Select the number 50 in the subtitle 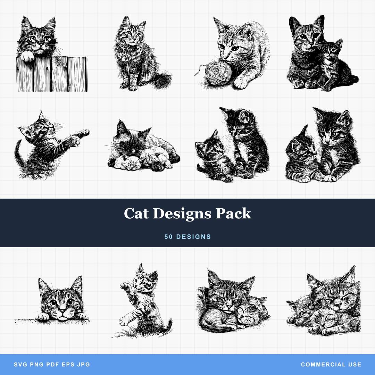[169, 237]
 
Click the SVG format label [20, 365]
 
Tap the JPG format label [84, 365]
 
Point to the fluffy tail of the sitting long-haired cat [162, 80]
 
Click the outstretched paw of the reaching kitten [83, 133]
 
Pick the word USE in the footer [354, 365]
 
